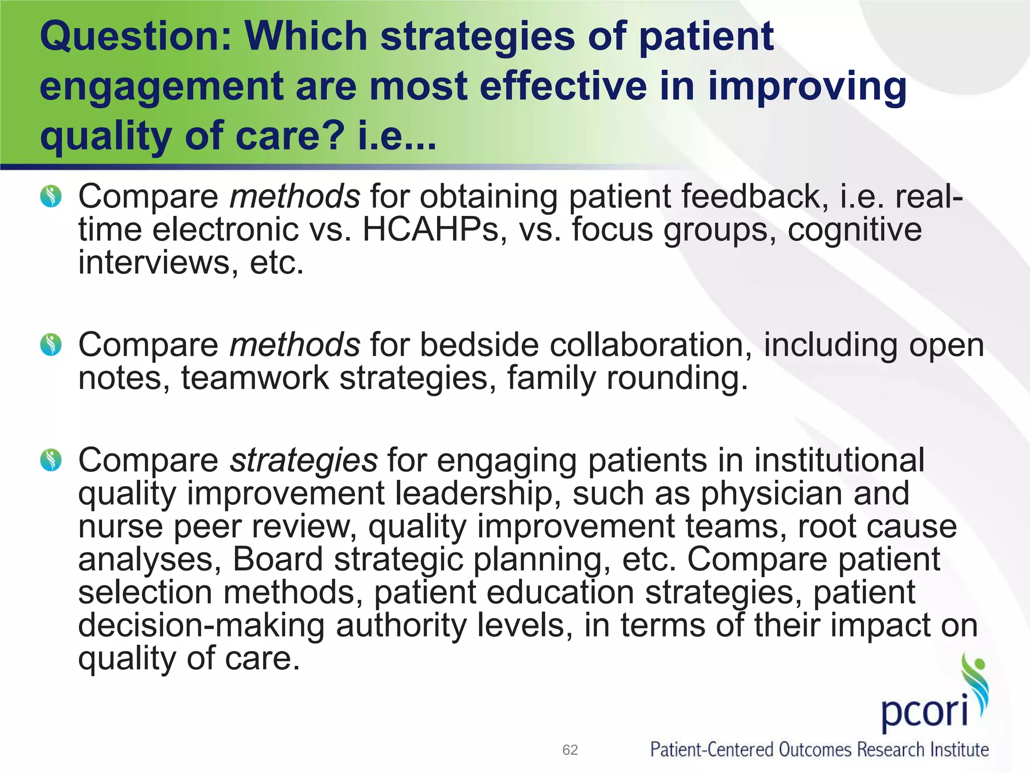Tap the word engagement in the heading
(x=161, y=87)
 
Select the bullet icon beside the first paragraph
(x=51, y=196)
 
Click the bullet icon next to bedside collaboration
(x=51, y=345)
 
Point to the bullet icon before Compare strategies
(x=51, y=460)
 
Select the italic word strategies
(x=303, y=460)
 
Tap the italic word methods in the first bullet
(x=295, y=196)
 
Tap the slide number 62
(x=570, y=750)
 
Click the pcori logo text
(x=924, y=711)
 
